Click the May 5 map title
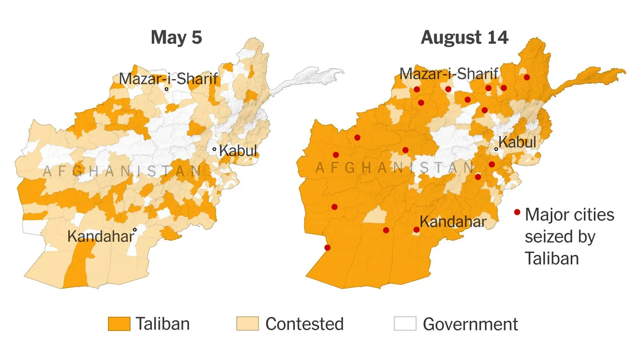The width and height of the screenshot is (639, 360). [x=176, y=38]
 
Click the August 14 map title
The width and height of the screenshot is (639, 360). [x=464, y=38]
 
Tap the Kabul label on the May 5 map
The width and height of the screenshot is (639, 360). [x=238, y=151]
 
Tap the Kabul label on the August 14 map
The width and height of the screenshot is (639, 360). [x=517, y=142]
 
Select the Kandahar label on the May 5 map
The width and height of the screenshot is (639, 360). [x=100, y=237]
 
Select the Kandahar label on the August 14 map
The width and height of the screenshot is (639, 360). [x=453, y=222]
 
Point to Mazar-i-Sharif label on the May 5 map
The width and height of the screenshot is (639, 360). [x=168, y=79]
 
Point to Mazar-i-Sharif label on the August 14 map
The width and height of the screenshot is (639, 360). [x=449, y=74]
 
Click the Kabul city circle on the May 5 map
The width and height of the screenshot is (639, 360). [x=214, y=149]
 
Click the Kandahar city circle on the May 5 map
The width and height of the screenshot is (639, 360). [x=135, y=230]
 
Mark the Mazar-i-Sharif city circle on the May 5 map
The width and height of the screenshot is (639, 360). [x=167, y=89]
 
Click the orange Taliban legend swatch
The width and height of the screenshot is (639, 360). [x=119, y=324]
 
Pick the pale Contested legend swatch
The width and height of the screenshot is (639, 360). [x=247, y=324]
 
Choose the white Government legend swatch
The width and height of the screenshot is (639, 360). [x=405, y=324]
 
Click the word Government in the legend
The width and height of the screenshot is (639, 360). [x=470, y=324]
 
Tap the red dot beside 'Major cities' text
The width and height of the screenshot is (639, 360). [x=517, y=212]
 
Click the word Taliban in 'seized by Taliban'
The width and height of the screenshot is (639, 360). [x=552, y=259]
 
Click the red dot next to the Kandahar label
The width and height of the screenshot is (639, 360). [x=417, y=230]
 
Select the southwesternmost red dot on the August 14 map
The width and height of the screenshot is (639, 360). [x=327, y=248]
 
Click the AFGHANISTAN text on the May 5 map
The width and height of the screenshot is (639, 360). [x=122, y=171]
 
